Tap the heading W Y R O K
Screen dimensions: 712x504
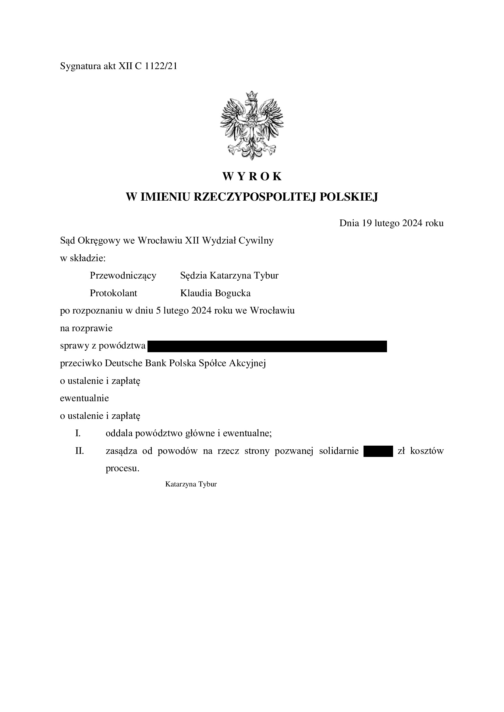coord(252,177)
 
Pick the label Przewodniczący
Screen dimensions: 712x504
coord(123,275)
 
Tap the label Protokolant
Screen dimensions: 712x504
coord(113,293)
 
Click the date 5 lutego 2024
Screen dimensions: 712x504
coord(184,310)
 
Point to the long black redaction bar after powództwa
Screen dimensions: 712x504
coord(267,346)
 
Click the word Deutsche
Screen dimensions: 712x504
coord(123,363)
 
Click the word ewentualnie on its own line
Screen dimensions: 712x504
coord(84,398)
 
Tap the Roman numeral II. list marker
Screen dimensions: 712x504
coord(80,451)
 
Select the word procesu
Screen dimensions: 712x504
coord(122,468)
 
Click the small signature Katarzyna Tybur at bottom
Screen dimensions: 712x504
coord(191,484)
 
